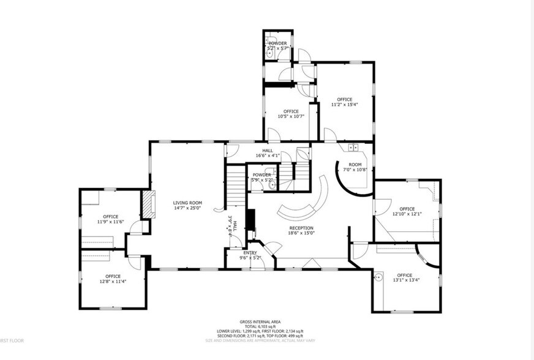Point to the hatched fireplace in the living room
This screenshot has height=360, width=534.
tap(146, 204)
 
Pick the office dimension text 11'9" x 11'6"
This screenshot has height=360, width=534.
tap(111, 222)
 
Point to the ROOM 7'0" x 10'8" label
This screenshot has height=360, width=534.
tap(355, 167)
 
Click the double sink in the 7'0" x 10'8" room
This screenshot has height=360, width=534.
tap(353, 148)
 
